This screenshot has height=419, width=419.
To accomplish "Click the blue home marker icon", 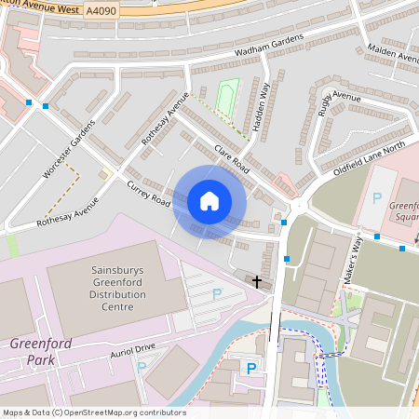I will (209, 200).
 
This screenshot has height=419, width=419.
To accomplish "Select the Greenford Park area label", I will (34, 350).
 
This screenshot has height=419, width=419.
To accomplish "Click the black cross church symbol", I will (257, 279).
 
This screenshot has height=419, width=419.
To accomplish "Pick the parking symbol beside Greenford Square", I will (377, 198).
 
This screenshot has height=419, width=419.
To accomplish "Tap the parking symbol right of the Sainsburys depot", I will (217, 292).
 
